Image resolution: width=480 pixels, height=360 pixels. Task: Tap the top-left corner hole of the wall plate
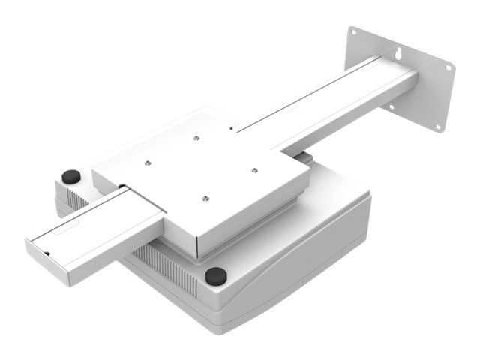pos(352,32)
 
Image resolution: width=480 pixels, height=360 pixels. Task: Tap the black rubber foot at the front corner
pos(215,275)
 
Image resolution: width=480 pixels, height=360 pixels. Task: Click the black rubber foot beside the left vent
pos(71,177)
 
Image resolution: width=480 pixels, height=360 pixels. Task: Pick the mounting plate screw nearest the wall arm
pos(194,138)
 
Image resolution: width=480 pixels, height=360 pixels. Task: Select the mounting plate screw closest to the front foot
pos(205,198)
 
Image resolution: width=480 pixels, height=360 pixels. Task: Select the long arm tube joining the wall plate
pos(330,101)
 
